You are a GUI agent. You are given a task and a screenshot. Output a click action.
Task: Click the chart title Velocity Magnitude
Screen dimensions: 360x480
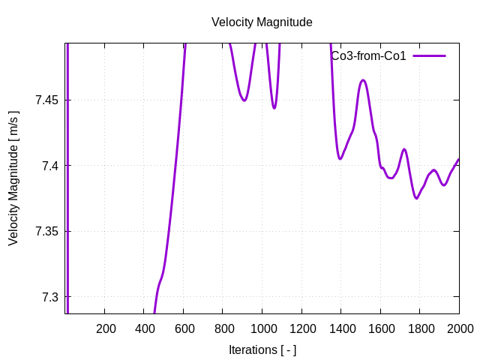[262, 22]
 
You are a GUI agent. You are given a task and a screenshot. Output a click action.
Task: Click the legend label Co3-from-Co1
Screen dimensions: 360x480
[368, 56]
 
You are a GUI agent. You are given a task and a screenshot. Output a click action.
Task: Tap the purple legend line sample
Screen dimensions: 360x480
[429, 56]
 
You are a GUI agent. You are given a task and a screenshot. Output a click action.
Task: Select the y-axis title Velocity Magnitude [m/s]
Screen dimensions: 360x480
[13, 178]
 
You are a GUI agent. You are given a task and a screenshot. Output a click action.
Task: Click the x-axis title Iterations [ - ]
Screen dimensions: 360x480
[262, 349]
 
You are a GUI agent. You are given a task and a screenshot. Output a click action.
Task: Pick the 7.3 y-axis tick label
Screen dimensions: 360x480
[49, 297]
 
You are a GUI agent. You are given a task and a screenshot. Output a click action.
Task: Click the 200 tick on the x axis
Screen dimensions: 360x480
[106, 328]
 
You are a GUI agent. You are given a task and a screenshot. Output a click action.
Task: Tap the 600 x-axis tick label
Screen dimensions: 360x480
[184, 328]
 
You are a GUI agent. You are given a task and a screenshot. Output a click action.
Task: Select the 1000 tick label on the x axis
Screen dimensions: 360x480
[262, 328]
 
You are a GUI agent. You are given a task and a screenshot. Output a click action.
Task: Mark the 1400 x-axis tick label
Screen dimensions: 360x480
[341, 328]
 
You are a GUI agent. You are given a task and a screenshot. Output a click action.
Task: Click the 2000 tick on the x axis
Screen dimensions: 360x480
[459, 328]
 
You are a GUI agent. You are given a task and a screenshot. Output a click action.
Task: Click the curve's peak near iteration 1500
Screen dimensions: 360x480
[363, 80]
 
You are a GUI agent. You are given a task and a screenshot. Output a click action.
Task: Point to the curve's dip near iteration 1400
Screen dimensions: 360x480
[340, 159]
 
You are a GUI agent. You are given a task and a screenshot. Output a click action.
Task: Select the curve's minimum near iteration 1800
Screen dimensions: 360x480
[417, 199]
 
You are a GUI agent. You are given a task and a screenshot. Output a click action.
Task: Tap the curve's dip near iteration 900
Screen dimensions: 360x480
[244, 100]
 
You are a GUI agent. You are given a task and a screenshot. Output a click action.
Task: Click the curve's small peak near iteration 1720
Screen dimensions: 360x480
[404, 149]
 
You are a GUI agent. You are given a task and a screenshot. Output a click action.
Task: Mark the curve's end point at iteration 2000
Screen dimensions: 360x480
[459, 159]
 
